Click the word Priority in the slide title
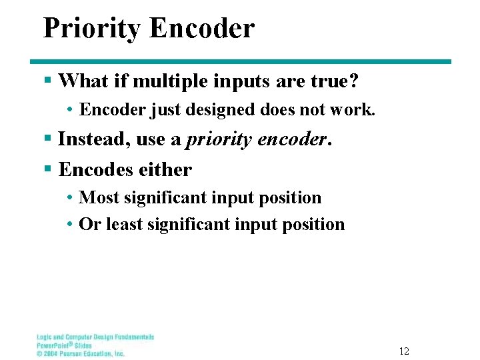(x=92, y=29)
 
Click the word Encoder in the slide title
(x=202, y=28)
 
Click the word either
(x=165, y=169)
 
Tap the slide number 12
(x=404, y=351)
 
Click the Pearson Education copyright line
(x=80, y=353)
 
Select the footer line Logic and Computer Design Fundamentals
(x=95, y=337)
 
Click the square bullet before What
(x=47, y=81)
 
